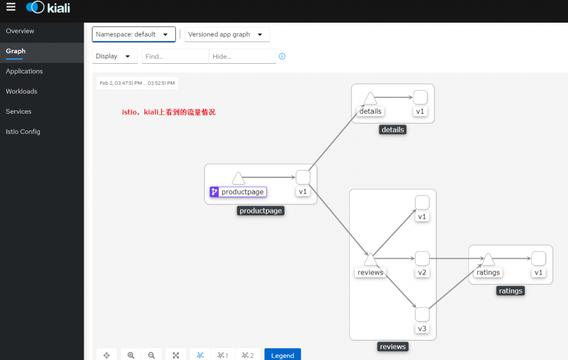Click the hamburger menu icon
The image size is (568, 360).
click(x=11, y=7)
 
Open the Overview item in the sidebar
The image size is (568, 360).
click(x=20, y=31)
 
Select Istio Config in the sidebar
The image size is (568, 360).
click(x=23, y=132)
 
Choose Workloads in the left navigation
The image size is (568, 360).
click(x=22, y=92)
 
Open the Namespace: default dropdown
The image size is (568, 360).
click(x=134, y=34)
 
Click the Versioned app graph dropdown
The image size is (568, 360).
click(x=227, y=34)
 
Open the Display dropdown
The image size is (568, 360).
click(x=114, y=56)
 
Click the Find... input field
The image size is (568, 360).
click(x=175, y=56)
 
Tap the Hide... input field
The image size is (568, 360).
click(x=242, y=56)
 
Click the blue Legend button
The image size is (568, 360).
click(x=282, y=355)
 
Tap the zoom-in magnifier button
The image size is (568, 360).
click(x=131, y=355)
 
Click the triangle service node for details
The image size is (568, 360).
click(x=370, y=99)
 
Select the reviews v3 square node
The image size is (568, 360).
click(x=422, y=315)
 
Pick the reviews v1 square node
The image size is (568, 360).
click(x=422, y=202)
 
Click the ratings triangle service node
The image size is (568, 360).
click(x=488, y=259)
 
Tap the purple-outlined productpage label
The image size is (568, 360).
click(x=239, y=191)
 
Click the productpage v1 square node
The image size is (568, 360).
click(x=303, y=178)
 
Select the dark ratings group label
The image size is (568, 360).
click(x=510, y=291)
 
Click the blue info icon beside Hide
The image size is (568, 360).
click(x=282, y=56)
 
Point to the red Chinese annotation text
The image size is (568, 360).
click(x=169, y=112)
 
